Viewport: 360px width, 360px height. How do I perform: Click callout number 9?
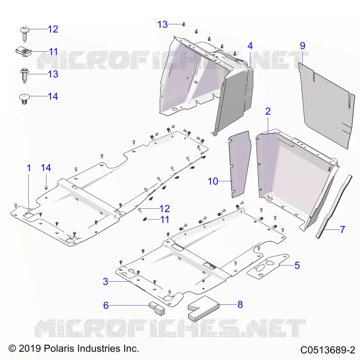coord(302,46)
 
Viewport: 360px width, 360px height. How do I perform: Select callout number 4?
coord(250,46)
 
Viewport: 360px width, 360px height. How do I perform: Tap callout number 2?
coord(268,111)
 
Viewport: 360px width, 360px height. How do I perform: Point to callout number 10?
coord(213,181)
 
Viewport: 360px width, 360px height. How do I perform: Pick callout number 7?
coord(342,229)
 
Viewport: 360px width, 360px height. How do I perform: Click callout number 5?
coord(297,265)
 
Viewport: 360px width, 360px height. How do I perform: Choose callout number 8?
coord(240,305)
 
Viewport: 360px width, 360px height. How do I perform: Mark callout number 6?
coord(106,306)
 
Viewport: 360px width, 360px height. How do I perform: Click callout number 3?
coord(106,282)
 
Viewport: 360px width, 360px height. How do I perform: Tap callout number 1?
coord(29,168)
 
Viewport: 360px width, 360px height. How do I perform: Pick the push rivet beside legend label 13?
coord(24,75)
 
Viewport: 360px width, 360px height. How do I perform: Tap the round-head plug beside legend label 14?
coord(24,99)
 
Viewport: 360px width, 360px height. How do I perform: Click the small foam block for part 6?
coord(157,308)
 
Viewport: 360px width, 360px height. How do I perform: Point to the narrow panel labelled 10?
coord(239,164)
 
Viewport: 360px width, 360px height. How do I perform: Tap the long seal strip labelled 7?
coord(333,207)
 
